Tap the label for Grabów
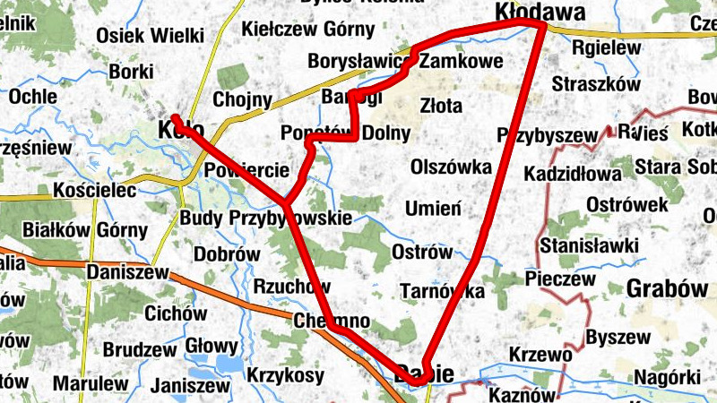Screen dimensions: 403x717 point(667,288)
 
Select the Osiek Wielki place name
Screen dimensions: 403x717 point(151,35)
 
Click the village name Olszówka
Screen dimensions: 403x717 point(451,167)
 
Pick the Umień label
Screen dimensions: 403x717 point(433,209)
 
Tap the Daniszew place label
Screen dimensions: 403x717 point(129,270)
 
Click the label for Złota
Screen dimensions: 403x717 point(441,107)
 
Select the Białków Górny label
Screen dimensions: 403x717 point(87,230)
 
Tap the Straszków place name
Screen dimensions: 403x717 point(596,84)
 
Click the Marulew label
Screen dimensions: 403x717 point(91,383)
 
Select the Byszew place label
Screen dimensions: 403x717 point(618,337)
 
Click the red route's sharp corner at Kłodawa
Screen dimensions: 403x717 point(541,27)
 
